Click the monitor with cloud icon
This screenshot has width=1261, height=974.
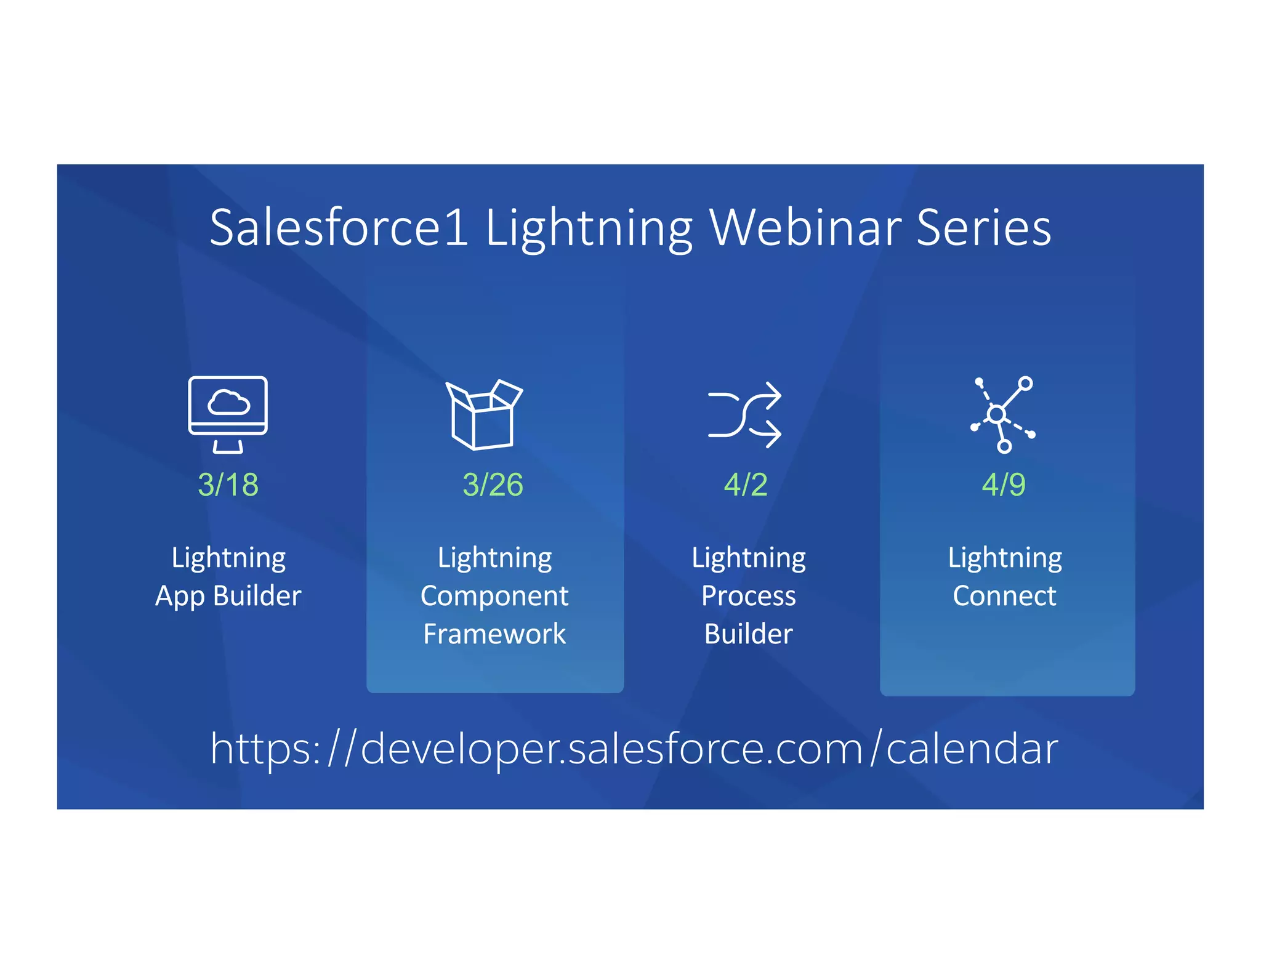228,414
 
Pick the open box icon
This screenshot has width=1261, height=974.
483,414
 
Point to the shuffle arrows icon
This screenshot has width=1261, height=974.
744,414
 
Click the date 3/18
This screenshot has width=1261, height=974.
228,485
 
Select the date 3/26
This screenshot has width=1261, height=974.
493,485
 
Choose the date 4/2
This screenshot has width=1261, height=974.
746,485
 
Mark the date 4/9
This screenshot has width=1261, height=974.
1004,485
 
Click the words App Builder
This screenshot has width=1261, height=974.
228,596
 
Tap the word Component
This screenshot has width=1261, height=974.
494,596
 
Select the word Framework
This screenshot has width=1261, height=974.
494,634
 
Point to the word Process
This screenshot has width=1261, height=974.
749,596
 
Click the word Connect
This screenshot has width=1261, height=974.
1004,596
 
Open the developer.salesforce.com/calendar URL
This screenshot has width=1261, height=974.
634,749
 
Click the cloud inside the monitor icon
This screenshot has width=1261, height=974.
228,403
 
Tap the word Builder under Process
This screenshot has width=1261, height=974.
749,634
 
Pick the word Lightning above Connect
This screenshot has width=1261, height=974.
1005,558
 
